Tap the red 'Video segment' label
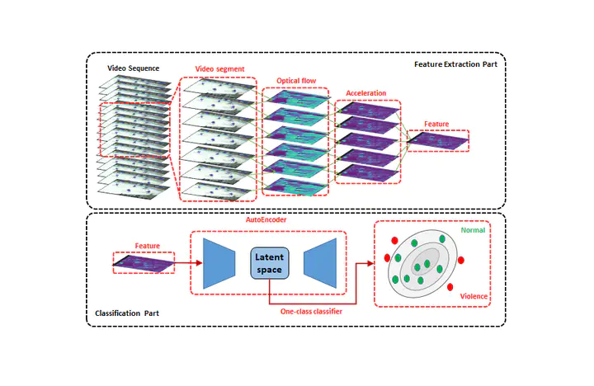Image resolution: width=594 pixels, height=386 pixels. coord(219,68)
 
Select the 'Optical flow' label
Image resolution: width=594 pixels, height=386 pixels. coord(295,81)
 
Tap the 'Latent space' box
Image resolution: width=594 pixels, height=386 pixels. coord(269,264)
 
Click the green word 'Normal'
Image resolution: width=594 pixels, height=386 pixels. coord(473,231)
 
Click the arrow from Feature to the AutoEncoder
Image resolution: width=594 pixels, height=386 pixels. coord(186,264)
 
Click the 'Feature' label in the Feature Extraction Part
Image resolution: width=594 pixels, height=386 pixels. coord(436,124)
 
